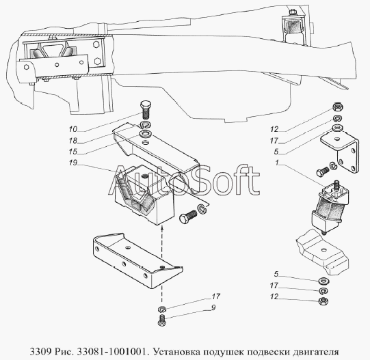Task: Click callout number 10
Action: (73, 129)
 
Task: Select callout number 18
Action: (73, 141)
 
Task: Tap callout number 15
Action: (73, 152)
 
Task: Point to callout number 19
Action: (73, 163)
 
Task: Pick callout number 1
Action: (277, 163)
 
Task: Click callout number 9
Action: (213, 307)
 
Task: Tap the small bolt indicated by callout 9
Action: (161, 320)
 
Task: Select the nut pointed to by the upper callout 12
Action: (338, 107)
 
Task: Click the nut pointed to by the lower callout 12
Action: (323, 301)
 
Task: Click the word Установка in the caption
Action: (176, 352)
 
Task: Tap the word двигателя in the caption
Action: (316, 352)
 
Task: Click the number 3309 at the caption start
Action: (40, 352)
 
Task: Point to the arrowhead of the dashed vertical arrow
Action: (161, 227)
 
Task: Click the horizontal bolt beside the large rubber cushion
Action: (188, 216)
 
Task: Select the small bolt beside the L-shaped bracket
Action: (322, 171)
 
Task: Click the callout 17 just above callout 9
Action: (215, 296)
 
